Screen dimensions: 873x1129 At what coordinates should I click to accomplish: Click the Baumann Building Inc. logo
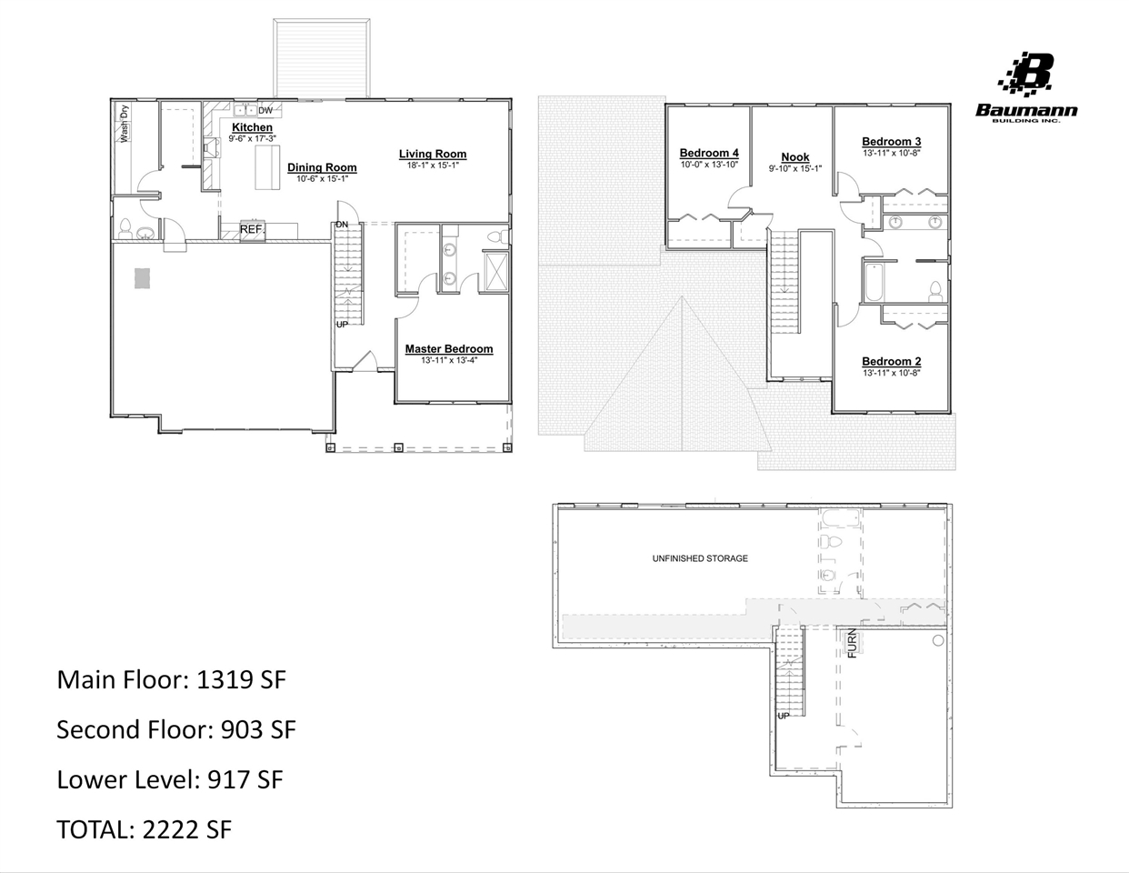[1026, 87]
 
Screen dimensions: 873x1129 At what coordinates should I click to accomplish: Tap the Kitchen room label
[252, 127]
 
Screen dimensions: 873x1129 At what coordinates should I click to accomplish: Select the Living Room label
[433, 154]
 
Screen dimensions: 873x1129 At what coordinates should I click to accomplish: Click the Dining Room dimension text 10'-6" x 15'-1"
[322, 179]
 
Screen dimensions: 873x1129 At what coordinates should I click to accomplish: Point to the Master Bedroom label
[449, 349]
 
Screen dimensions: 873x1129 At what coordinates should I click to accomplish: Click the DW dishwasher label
[265, 111]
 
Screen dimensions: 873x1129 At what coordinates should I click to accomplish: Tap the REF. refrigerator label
[252, 230]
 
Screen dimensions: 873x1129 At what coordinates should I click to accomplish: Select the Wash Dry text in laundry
[125, 124]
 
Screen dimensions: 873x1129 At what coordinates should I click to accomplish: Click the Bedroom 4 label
[709, 153]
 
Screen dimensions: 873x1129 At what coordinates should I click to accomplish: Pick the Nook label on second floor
[795, 157]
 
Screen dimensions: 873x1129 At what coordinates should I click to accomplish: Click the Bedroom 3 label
[891, 141]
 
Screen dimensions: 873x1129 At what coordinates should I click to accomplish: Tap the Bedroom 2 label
[891, 361]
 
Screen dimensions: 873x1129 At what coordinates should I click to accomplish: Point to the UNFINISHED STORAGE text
[700, 558]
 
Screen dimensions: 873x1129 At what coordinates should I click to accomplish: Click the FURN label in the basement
[852, 643]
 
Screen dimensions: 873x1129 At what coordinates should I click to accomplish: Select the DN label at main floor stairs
[342, 225]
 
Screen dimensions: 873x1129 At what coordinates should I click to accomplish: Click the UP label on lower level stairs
[784, 716]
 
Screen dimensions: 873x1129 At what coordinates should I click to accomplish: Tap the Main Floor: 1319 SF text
[171, 679]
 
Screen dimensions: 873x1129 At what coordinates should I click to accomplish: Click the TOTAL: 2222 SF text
[144, 829]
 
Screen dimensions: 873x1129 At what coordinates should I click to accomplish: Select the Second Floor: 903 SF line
[176, 729]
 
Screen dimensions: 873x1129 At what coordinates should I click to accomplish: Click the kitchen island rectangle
[267, 167]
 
